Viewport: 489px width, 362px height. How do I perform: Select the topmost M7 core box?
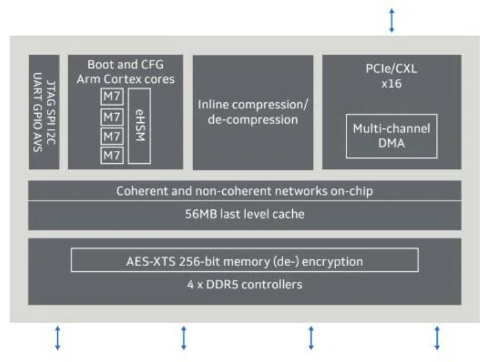click(111, 97)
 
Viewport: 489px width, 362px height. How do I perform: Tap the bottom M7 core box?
click(111, 155)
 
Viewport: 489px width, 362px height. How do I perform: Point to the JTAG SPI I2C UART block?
click(44, 111)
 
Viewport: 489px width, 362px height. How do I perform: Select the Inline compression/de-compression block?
click(253, 111)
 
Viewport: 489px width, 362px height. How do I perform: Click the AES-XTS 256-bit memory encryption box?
click(245, 262)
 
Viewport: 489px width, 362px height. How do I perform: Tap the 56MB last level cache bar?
click(245, 215)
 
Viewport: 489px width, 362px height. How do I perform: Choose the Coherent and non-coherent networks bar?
click(245, 191)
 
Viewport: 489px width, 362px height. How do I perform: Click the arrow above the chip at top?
click(392, 20)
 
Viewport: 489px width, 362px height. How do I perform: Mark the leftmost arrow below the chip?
click(58, 336)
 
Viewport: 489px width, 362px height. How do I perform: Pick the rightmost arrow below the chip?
click(437, 336)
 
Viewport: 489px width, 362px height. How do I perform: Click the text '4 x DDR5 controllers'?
click(245, 284)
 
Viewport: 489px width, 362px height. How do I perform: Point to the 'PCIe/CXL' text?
click(392, 69)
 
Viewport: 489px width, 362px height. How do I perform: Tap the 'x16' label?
click(392, 83)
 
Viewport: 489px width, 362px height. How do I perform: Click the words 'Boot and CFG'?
click(125, 64)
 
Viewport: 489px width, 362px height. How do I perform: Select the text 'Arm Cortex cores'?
click(125, 78)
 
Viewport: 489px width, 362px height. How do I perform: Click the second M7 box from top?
click(111, 116)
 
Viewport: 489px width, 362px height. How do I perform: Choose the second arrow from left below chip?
click(183, 336)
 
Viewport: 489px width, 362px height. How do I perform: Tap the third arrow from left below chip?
click(311, 336)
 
